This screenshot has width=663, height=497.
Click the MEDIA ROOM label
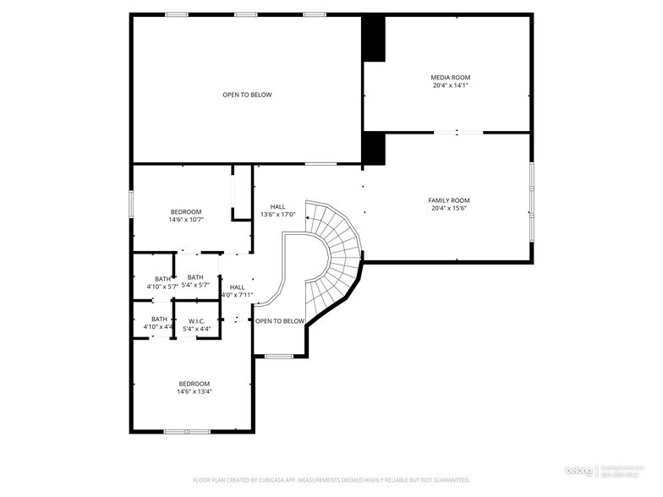pyautogui.click(x=450, y=77)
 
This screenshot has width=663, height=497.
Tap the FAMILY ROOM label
pyautogui.click(x=448, y=200)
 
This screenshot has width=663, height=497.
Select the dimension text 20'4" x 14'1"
pyautogui.click(x=450, y=85)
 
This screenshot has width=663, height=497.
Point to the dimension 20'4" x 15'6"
pyautogui.click(x=448, y=209)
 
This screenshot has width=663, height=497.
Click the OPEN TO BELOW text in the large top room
pyautogui.click(x=247, y=95)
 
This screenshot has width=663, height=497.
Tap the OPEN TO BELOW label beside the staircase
pyautogui.click(x=279, y=321)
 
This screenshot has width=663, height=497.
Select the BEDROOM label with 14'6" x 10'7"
pyautogui.click(x=186, y=211)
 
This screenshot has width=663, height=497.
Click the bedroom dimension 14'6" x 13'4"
pyautogui.click(x=194, y=391)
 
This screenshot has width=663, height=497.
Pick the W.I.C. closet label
pyautogui.click(x=197, y=320)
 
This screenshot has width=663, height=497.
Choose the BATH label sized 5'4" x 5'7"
pyautogui.click(x=195, y=277)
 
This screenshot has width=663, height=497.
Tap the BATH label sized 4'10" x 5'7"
pyautogui.click(x=162, y=279)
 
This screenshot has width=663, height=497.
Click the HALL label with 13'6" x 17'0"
pyautogui.click(x=277, y=206)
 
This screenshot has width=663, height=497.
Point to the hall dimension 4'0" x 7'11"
pyautogui.click(x=237, y=295)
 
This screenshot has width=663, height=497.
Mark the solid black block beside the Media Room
pyautogui.click(x=373, y=39)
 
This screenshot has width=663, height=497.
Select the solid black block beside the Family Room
pyautogui.click(x=373, y=149)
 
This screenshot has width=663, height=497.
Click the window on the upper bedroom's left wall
pyautogui.click(x=131, y=203)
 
